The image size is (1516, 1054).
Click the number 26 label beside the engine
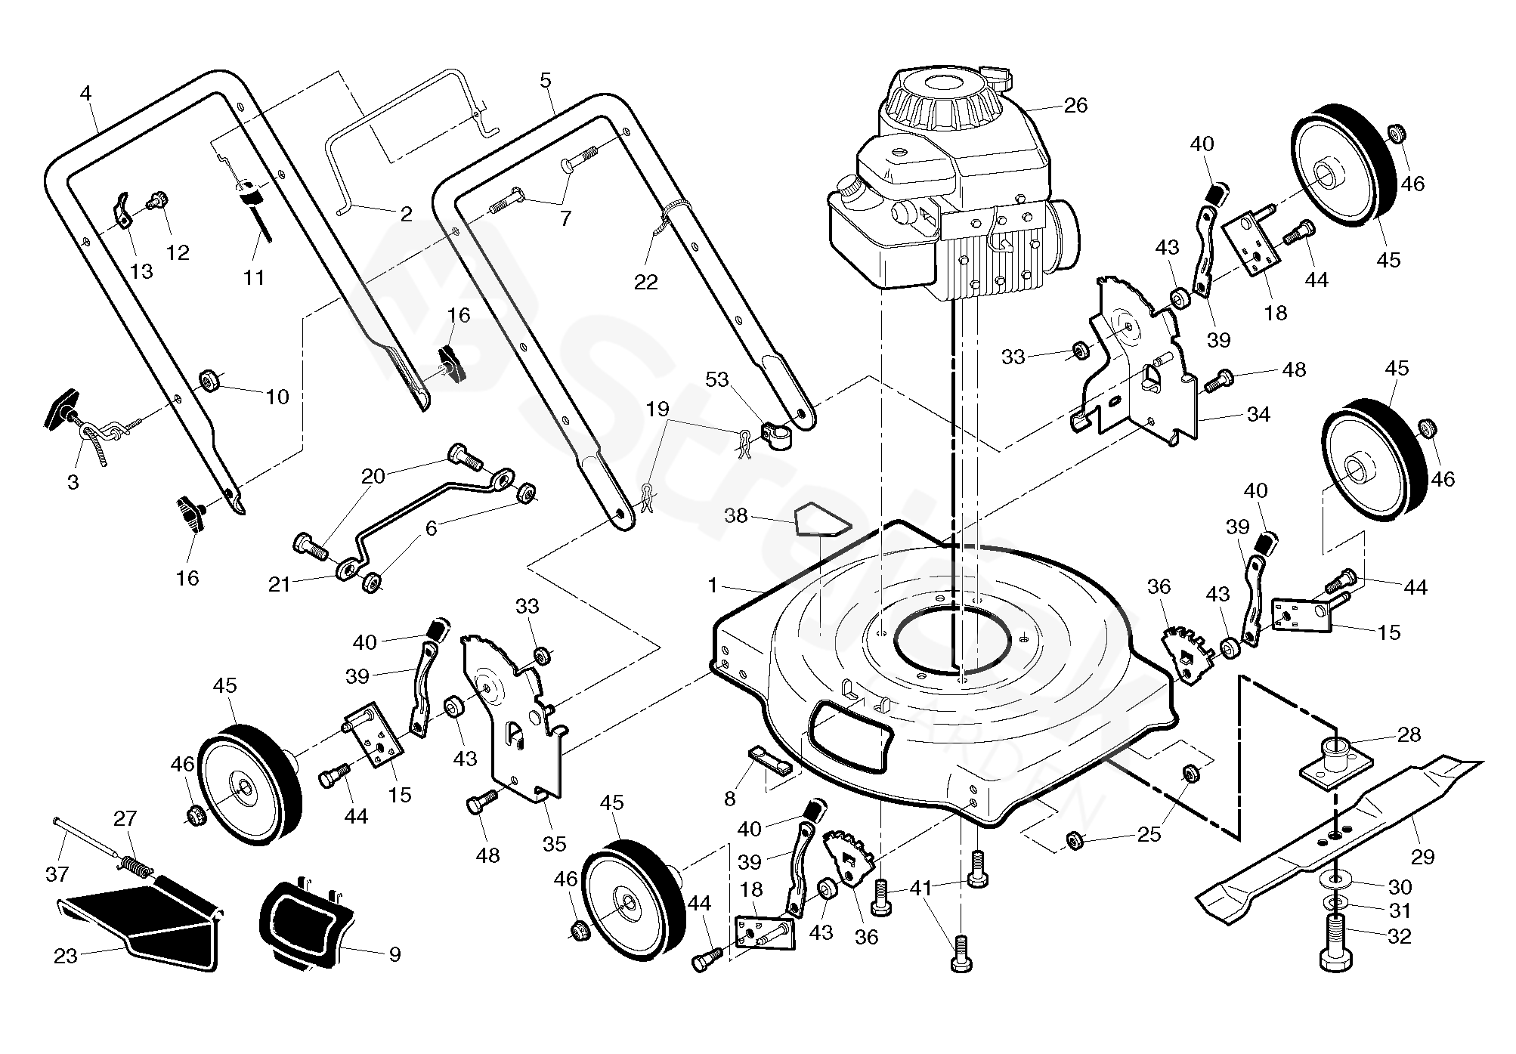(x=1075, y=106)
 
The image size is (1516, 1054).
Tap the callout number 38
(x=735, y=516)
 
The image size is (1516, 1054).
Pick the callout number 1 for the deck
(x=712, y=586)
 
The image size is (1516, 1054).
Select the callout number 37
(x=57, y=874)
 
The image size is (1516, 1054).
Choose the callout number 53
(x=716, y=379)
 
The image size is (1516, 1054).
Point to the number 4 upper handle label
(x=85, y=94)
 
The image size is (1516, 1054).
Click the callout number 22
(x=646, y=282)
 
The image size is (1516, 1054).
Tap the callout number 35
(x=554, y=844)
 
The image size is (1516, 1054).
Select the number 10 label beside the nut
(x=277, y=397)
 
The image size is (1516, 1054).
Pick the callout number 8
(x=729, y=799)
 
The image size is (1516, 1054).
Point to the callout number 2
(x=406, y=214)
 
